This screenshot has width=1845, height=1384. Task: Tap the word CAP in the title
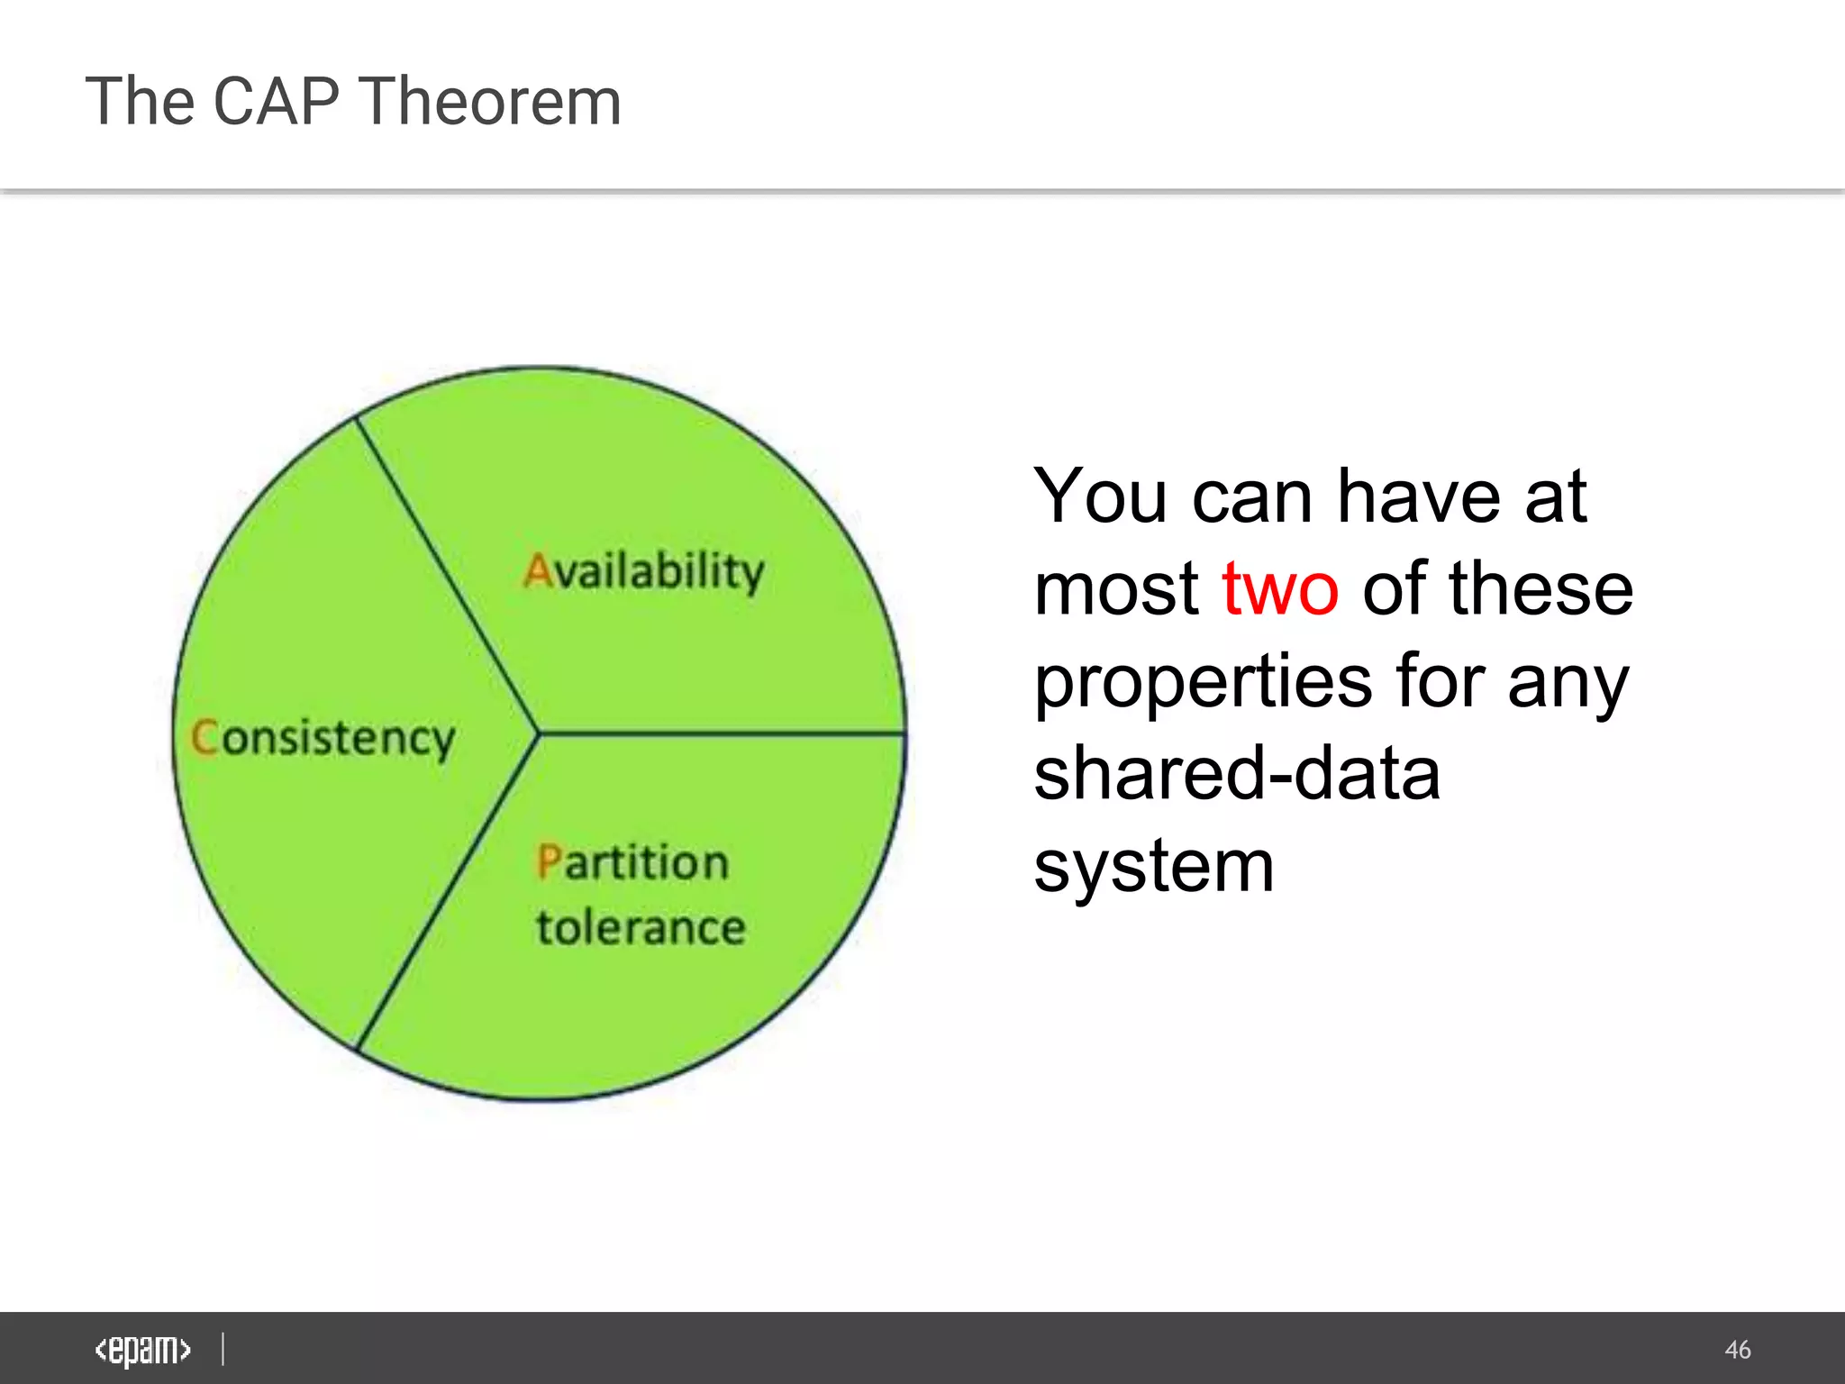coord(276,101)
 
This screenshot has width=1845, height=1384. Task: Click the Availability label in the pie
coord(644,571)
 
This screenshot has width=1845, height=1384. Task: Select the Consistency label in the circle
coord(323,739)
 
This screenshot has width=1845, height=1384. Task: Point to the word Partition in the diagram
coord(632,862)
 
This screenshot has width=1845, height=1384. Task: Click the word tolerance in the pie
coord(641,928)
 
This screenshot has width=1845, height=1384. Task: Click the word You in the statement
coord(1101,496)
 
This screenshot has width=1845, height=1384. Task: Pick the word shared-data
coord(1237,775)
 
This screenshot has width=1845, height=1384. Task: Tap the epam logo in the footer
coord(142,1350)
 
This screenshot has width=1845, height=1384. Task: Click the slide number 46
coord(1737,1350)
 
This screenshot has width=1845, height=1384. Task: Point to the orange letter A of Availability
coord(537,571)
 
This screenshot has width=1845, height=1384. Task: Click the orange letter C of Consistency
coord(204,737)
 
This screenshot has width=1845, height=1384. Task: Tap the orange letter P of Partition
coord(549,861)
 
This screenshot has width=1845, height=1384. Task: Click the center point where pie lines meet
coord(539,733)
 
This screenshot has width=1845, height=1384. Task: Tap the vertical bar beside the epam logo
coord(223,1349)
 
